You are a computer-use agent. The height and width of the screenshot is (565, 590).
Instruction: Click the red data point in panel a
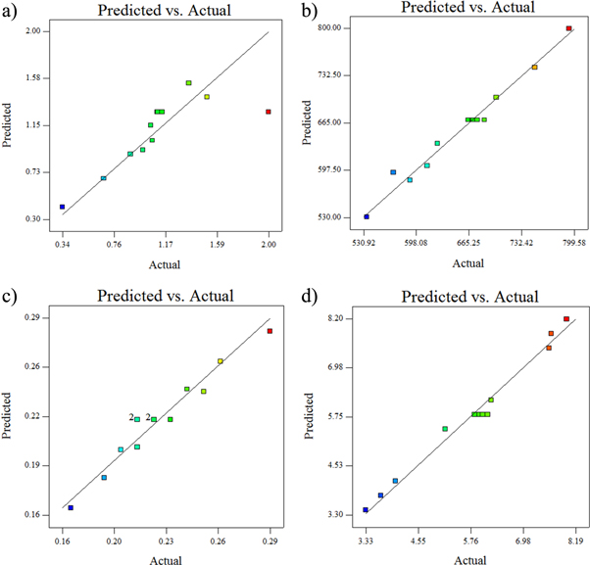268,112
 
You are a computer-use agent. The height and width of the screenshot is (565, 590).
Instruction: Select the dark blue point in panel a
62,207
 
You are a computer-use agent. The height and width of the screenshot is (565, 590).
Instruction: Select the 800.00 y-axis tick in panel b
327,27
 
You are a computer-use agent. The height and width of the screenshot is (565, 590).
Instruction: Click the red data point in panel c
270,331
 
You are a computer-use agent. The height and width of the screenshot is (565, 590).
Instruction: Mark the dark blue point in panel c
71,508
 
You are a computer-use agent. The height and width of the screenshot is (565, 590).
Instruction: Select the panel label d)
307,295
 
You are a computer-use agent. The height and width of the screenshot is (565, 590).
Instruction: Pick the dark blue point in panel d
366,510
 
